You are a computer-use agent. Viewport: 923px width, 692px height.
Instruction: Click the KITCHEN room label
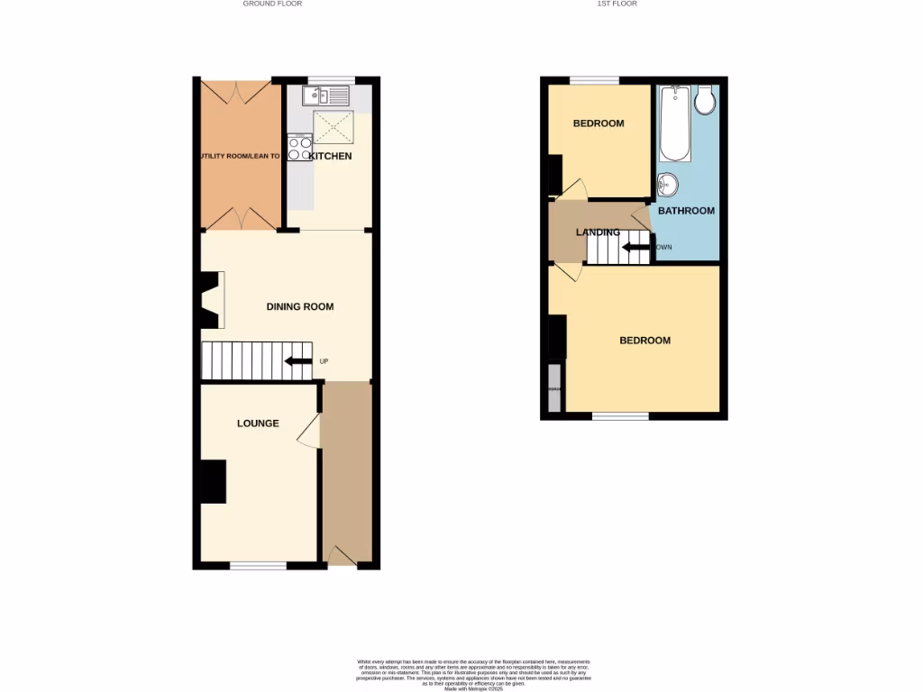click(x=330, y=157)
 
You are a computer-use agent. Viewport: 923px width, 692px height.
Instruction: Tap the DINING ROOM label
click(x=300, y=307)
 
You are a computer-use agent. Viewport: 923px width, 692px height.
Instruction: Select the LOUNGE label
click(x=258, y=423)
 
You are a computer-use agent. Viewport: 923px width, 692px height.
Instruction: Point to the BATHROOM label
click(x=686, y=211)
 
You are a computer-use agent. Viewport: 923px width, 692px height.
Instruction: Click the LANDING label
click(x=599, y=232)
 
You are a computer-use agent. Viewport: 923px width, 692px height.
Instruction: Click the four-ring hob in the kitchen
click(x=299, y=148)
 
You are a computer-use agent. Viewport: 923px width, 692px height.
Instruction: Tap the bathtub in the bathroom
click(x=675, y=123)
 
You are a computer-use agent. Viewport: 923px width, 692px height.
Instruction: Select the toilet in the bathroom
click(x=706, y=100)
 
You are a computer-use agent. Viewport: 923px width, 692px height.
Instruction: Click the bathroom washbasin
click(x=667, y=185)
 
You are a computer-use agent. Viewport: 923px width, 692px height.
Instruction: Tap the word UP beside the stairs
click(x=324, y=362)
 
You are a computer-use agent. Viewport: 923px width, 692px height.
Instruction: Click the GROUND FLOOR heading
click(x=272, y=4)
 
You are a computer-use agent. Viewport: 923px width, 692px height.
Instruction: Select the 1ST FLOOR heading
click(x=618, y=4)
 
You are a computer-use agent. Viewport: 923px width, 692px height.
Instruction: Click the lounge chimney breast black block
click(x=212, y=481)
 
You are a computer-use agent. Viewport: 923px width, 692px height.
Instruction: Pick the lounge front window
click(x=258, y=566)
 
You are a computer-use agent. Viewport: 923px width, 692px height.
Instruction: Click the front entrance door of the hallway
click(x=340, y=558)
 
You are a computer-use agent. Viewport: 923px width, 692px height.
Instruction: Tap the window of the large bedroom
click(x=620, y=416)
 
